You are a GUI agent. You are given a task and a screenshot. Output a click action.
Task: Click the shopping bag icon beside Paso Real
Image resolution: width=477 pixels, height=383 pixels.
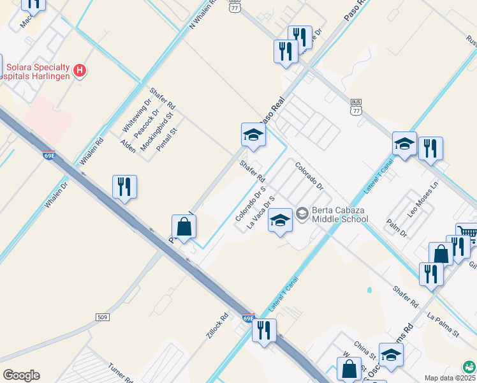click(184, 227)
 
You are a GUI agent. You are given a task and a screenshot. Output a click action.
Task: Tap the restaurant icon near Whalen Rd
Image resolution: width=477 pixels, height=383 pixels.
click(124, 187)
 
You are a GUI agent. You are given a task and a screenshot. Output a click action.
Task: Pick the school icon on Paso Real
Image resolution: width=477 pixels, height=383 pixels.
click(253, 135)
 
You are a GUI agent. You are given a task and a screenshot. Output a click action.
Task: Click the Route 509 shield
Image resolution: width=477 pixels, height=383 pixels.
click(103, 317)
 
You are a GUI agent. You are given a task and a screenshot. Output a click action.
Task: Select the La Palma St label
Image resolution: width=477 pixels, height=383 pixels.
click(443, 324)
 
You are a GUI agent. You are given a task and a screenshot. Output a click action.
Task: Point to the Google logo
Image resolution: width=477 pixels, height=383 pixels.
click(21, 375)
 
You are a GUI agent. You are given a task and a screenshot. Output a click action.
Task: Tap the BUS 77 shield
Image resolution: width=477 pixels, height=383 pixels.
click(356, 107)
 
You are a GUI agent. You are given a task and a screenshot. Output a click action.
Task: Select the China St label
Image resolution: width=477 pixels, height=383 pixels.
click(364, 350)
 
